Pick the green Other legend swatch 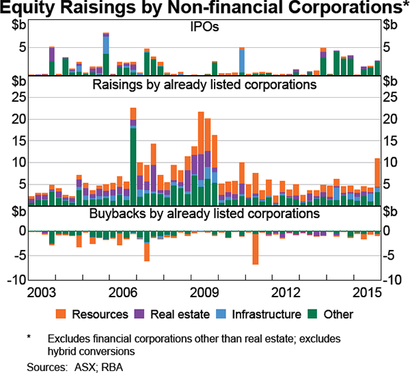(x=312, y=314)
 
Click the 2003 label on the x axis (x=42, y=293)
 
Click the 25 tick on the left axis (x=19, y=97)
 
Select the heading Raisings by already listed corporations (x=204, y=85)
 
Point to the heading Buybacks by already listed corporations (x=204, y=213)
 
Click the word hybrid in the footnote (x=64, y=350)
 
